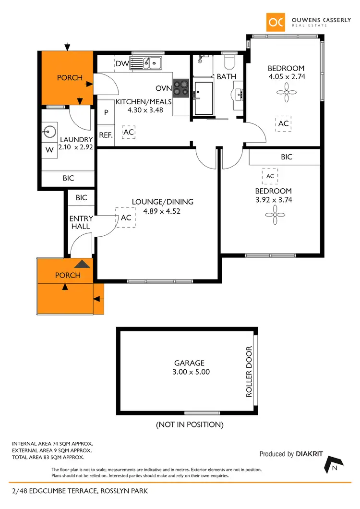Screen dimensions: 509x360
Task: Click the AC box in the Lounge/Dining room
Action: (126, 218)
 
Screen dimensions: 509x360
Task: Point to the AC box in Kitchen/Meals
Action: (128, 132)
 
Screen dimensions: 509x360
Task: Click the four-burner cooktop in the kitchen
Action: (181, 87)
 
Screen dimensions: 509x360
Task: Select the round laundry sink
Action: (49, 131)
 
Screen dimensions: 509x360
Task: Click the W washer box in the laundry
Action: (49, 149)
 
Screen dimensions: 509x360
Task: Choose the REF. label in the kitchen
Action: (106, 135)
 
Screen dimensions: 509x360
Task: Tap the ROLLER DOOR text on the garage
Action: (249, 372)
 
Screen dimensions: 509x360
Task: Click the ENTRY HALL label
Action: (81, 222)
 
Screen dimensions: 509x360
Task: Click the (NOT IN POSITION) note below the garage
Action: (190, 424)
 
